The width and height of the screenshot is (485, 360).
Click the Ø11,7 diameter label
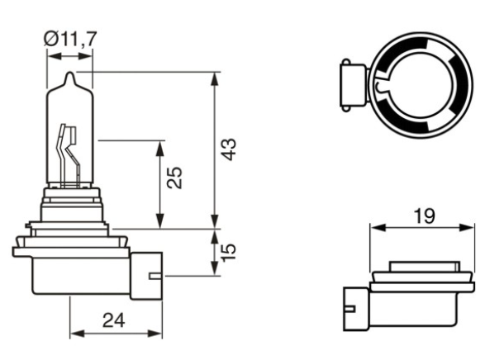pyautogui.click(x=69, y=37)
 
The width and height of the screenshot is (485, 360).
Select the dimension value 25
pyautogui.click(x=174, y=178)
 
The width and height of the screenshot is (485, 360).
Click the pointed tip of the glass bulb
pyautogui.click(x=71, y=75)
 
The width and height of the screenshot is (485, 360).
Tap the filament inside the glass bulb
pyautogui.click(x=69, y=153)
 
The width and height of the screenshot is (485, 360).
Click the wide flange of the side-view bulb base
pyautogui.click(x=69, y=249)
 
